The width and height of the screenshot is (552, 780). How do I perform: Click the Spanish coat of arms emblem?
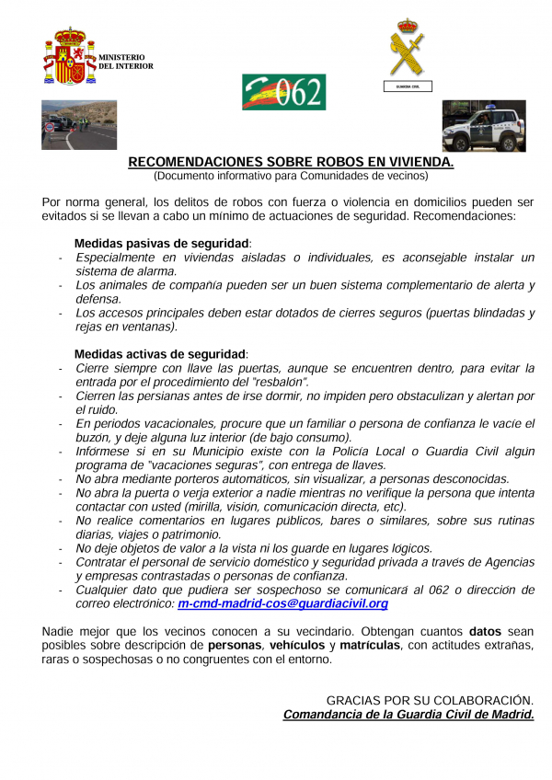70,56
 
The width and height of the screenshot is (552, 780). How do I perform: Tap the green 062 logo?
283,92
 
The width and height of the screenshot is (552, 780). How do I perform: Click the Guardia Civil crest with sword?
407,47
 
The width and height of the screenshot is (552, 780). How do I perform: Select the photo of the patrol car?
483,126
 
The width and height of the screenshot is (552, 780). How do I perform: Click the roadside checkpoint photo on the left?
79,124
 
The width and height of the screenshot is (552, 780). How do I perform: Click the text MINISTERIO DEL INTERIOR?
126,62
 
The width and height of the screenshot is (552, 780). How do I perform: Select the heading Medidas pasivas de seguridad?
162,243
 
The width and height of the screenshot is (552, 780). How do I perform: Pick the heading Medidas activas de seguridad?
160,353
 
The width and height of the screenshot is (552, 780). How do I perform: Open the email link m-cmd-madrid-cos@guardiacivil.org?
282,603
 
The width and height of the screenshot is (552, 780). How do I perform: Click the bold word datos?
485,631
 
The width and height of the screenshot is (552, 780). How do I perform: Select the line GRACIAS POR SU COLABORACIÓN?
430,700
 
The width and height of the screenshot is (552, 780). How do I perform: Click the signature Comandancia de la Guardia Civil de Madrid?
408,714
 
